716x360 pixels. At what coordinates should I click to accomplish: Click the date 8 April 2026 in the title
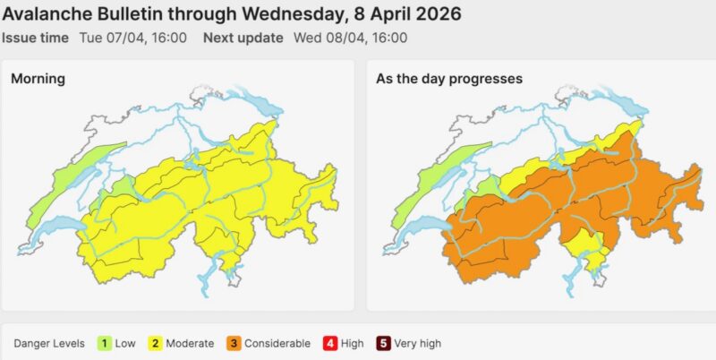(405, 15)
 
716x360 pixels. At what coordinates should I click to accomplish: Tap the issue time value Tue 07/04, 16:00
(145, 38)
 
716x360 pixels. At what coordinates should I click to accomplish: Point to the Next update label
(243, 38)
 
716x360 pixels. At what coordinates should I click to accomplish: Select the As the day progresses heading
(449, 79)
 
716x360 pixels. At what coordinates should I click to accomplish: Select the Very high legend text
(417, 343)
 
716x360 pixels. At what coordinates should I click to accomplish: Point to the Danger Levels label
(49, 343)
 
